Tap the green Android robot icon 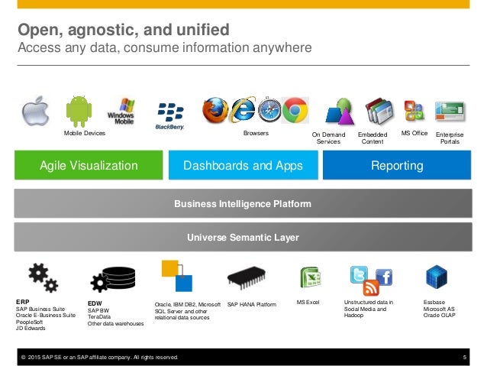tap(79, 112)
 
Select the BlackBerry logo tap(169, 115)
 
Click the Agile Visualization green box tap(89, 165)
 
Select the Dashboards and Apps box tap(243, 165)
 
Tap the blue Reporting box tap(397, 165)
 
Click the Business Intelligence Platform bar tap(243, 204)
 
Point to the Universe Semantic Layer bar tap(243, 238)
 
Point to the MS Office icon tap(414, 112)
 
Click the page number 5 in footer tap(464, 357)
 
